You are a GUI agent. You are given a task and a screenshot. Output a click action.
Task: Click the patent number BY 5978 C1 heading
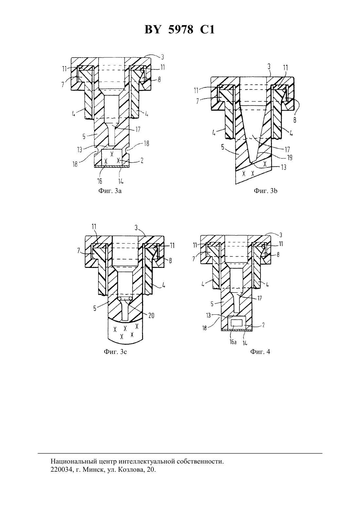point(180,30)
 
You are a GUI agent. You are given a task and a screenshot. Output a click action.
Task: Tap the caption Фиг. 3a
point(110,191)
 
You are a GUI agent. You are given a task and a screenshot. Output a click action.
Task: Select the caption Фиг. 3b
point(265,191)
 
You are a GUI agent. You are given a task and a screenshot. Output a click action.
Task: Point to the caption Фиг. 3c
point(115,352)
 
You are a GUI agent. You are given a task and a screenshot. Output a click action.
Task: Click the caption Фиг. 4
point(260,352)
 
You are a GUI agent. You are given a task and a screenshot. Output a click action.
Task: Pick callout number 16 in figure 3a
point(99,181)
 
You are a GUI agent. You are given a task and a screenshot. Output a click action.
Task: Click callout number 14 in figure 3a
point(120,181)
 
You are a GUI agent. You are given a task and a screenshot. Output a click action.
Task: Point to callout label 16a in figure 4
point(233,342)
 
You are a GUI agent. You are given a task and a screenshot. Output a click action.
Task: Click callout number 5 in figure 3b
point(223,148)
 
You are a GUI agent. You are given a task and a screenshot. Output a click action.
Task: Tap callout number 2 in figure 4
point(263,325)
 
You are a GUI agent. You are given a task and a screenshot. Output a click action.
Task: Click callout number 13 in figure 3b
point(283,167)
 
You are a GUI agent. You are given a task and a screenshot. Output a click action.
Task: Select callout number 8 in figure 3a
point(159,79)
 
